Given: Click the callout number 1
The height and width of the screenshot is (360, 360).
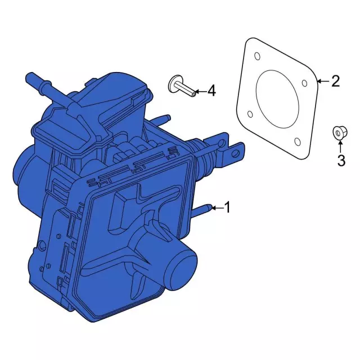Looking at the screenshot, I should [x=227, y=208].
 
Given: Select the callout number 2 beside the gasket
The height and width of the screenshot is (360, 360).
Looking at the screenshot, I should [x=335, y=82].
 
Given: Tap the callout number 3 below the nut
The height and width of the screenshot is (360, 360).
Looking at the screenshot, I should [x=341, y=161].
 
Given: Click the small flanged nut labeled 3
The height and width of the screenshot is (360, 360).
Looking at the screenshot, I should [x=338, y=133].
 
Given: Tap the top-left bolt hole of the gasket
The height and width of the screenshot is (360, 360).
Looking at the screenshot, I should [x=257, y=56].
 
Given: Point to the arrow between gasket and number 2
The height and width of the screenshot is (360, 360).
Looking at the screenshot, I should [x=322, y=82].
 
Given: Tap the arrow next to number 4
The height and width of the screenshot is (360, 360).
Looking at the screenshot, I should [x=200, y=90].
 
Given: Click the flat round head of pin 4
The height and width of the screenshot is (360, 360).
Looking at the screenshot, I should [x=172, y=85].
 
